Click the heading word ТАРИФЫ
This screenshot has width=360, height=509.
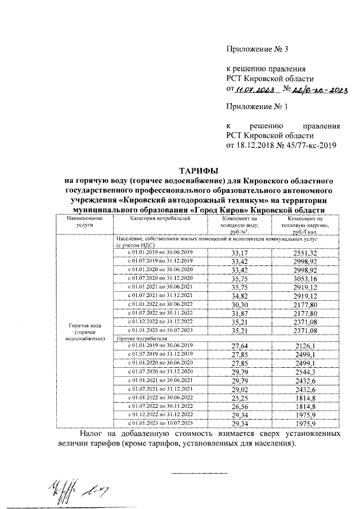(x=197, y=170)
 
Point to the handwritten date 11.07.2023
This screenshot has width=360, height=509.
(x=255, y=89)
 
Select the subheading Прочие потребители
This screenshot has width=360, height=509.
(x=142, y=339)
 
